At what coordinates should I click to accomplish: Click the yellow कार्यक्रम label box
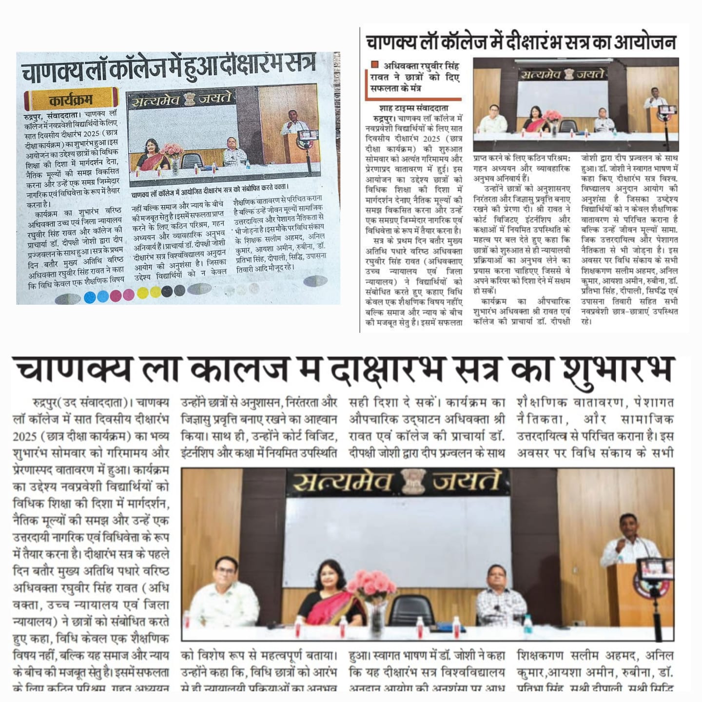click(72, 100)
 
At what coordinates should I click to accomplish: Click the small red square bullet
click(374, 64)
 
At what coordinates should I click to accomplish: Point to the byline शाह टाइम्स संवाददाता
click(413, 108)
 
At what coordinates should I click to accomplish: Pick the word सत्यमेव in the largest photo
click(344, 482)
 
